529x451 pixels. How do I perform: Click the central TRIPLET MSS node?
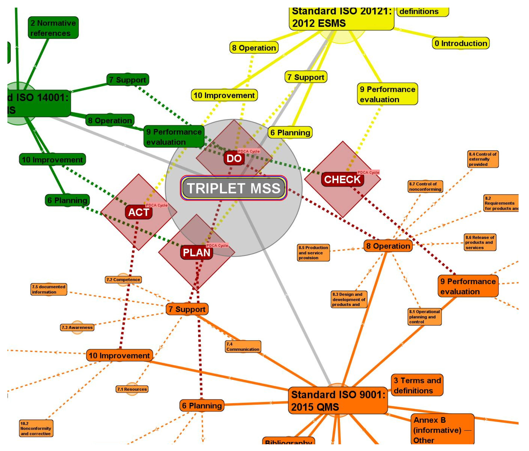click(x=234, y=188)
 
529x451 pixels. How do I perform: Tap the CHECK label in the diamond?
click(x=342, y=179)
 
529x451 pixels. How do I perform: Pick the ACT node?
click(x=138, y=212)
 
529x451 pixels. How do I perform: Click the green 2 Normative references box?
click(x=53, y=28)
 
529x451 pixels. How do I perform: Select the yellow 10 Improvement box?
click(x=224, y=95)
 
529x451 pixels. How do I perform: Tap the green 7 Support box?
click(x=128, y=80)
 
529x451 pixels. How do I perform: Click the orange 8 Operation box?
click(x=388, y=246)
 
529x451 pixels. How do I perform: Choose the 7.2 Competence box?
click(x=123, y=279)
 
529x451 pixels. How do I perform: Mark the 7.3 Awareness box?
click(x=77, y=327)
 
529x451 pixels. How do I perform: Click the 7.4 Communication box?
click(x=243, y=346)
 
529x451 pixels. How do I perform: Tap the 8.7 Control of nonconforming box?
click(x=425, y=187)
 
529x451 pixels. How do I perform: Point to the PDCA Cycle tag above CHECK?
click(x=368, y=172)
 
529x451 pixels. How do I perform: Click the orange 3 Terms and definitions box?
click(x=417, y=385)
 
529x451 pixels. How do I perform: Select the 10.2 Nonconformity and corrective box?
click(x=36, y=428)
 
